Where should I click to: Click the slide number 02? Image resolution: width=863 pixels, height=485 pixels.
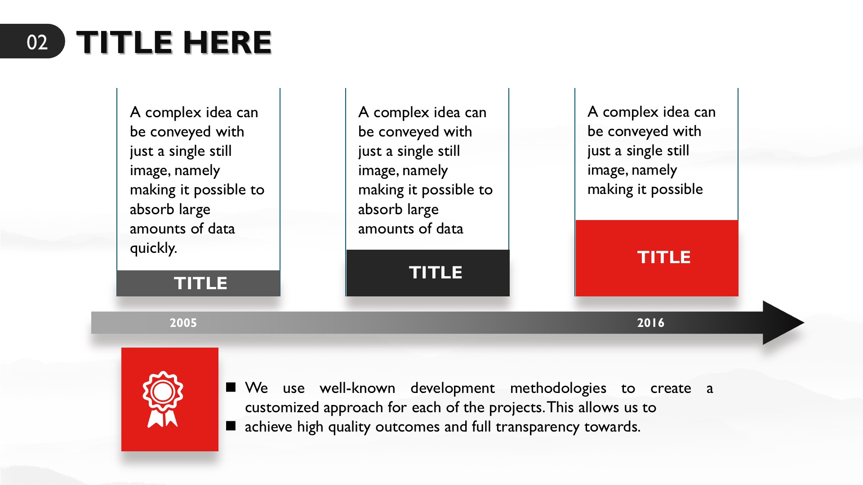[37, 42]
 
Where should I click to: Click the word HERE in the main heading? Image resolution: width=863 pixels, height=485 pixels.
[227, 43]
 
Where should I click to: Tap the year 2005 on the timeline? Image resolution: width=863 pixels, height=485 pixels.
[183, 323]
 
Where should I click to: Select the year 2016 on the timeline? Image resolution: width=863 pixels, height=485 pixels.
[650, 323]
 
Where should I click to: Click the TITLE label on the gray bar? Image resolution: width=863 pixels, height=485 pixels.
[200, 283]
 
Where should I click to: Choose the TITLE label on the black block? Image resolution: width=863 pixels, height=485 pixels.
[436, 273]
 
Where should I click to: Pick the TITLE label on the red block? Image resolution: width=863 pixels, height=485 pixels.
[664, 257]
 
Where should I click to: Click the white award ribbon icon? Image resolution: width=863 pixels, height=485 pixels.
[163, 399]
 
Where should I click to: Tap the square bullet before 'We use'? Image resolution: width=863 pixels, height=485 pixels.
[231, 387]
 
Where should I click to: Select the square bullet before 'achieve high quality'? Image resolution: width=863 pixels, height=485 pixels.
[231, 426]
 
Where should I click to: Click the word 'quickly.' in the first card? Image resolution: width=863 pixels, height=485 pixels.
[153, 248]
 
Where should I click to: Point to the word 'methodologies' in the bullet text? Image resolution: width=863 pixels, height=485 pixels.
[558, 388]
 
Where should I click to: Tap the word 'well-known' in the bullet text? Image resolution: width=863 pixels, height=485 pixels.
[357, 388]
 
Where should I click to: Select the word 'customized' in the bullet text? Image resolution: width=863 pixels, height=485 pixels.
[282, 407]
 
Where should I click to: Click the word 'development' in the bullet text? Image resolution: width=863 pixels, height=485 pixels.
[452, 388]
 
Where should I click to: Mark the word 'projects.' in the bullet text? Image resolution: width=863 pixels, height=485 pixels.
[517, 408]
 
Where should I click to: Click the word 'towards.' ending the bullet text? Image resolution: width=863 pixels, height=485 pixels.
[612, 427]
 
